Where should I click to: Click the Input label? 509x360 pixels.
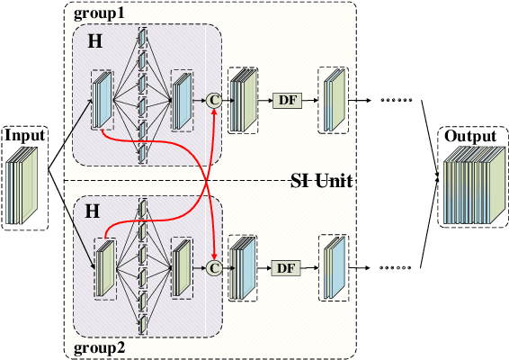23,136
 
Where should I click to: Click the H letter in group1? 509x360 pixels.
95,42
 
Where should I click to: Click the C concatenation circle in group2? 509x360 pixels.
214,267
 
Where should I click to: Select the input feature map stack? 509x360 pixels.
23,184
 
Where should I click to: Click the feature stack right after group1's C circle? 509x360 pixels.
244,99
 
